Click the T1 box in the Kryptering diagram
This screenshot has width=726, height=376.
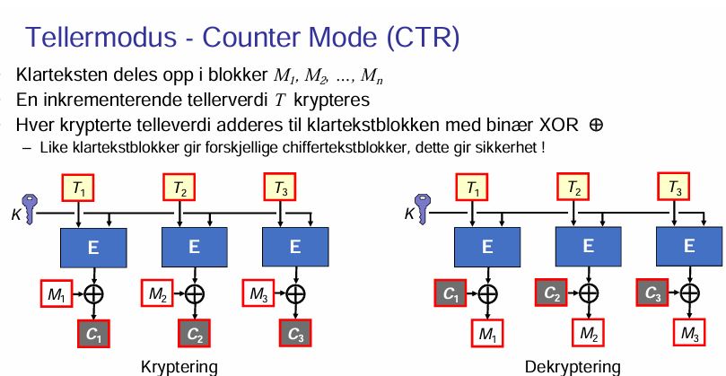click(x=80, y=188)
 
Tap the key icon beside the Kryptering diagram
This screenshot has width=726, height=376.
click(x=30, y=208)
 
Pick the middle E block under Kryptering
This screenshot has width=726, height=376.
click(x=194, y=247)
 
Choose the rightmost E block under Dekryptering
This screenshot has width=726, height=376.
click(x=689, y=247)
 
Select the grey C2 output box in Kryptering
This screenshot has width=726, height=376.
click(x=194, y=333)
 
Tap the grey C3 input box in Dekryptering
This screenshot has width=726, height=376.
click(x=653, y=293)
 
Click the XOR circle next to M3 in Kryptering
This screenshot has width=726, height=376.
click(x=295, y=293)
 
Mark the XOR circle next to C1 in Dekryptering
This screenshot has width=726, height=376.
click(x=487, y=293)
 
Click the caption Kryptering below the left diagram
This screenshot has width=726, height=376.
click(x=179, y=366)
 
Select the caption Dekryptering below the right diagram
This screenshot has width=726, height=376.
click(x=573, y=366)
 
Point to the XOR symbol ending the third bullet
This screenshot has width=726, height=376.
click(x=595, y=125)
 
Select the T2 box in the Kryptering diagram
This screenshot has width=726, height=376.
click(x=180, y=188)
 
